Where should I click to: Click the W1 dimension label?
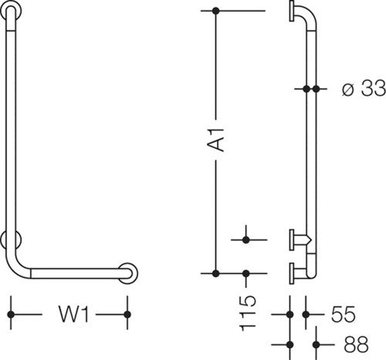point(74,314)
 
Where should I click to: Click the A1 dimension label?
point(215,139)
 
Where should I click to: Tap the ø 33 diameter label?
point(364,88)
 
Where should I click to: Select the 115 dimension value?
point(248,314)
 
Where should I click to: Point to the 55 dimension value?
point(343,314)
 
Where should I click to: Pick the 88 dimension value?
point(356,345)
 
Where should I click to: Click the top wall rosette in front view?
point(11,11)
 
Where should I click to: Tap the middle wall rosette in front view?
point(11,240)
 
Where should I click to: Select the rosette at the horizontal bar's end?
point(127,273)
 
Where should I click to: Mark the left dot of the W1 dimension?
point(11,314)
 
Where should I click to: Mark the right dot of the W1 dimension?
point(127,314)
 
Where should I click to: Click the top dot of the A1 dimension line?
point(216,11)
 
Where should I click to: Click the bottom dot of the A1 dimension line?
point(216,273)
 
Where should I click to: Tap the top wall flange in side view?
point(292,11)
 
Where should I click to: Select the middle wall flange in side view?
point(292,239)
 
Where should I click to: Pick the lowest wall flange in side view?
point(292,273)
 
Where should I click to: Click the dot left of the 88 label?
point(290,345)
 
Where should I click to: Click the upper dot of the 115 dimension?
point(246,240)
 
